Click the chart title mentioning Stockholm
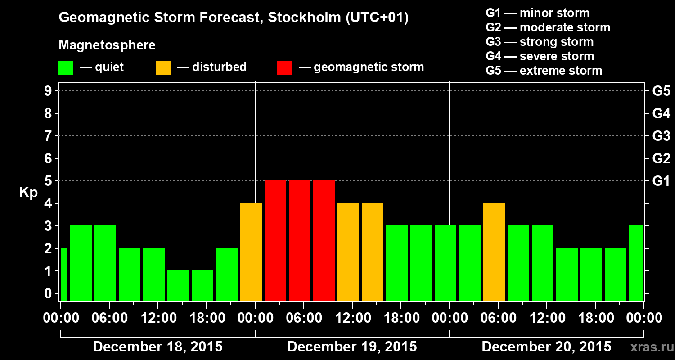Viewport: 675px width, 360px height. (x=234, y=18)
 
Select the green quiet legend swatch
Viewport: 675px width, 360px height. (x=66, y=67)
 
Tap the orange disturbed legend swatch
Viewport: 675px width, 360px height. (x=163, y=67)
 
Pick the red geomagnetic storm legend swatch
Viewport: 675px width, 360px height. (x=284, y=67)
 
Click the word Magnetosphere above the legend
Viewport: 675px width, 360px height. (x=107, y=45)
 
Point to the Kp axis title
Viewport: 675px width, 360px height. (x=28, y=193)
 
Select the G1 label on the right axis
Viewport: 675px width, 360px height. (x=661, y=181)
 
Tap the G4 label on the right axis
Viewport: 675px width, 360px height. (x=661, y=113)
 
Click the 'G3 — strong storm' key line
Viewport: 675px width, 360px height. (x=540, y=42)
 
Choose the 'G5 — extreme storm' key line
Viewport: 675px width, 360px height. (x=544, y=71)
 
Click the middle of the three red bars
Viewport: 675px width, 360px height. (x=300, y=240)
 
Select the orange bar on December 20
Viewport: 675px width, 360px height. (x=494, y=252)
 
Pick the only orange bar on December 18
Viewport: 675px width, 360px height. (x=251, y=252)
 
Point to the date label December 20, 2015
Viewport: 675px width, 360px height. (x=546, y=347)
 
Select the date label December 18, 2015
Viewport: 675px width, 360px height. (x=157, y=347)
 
